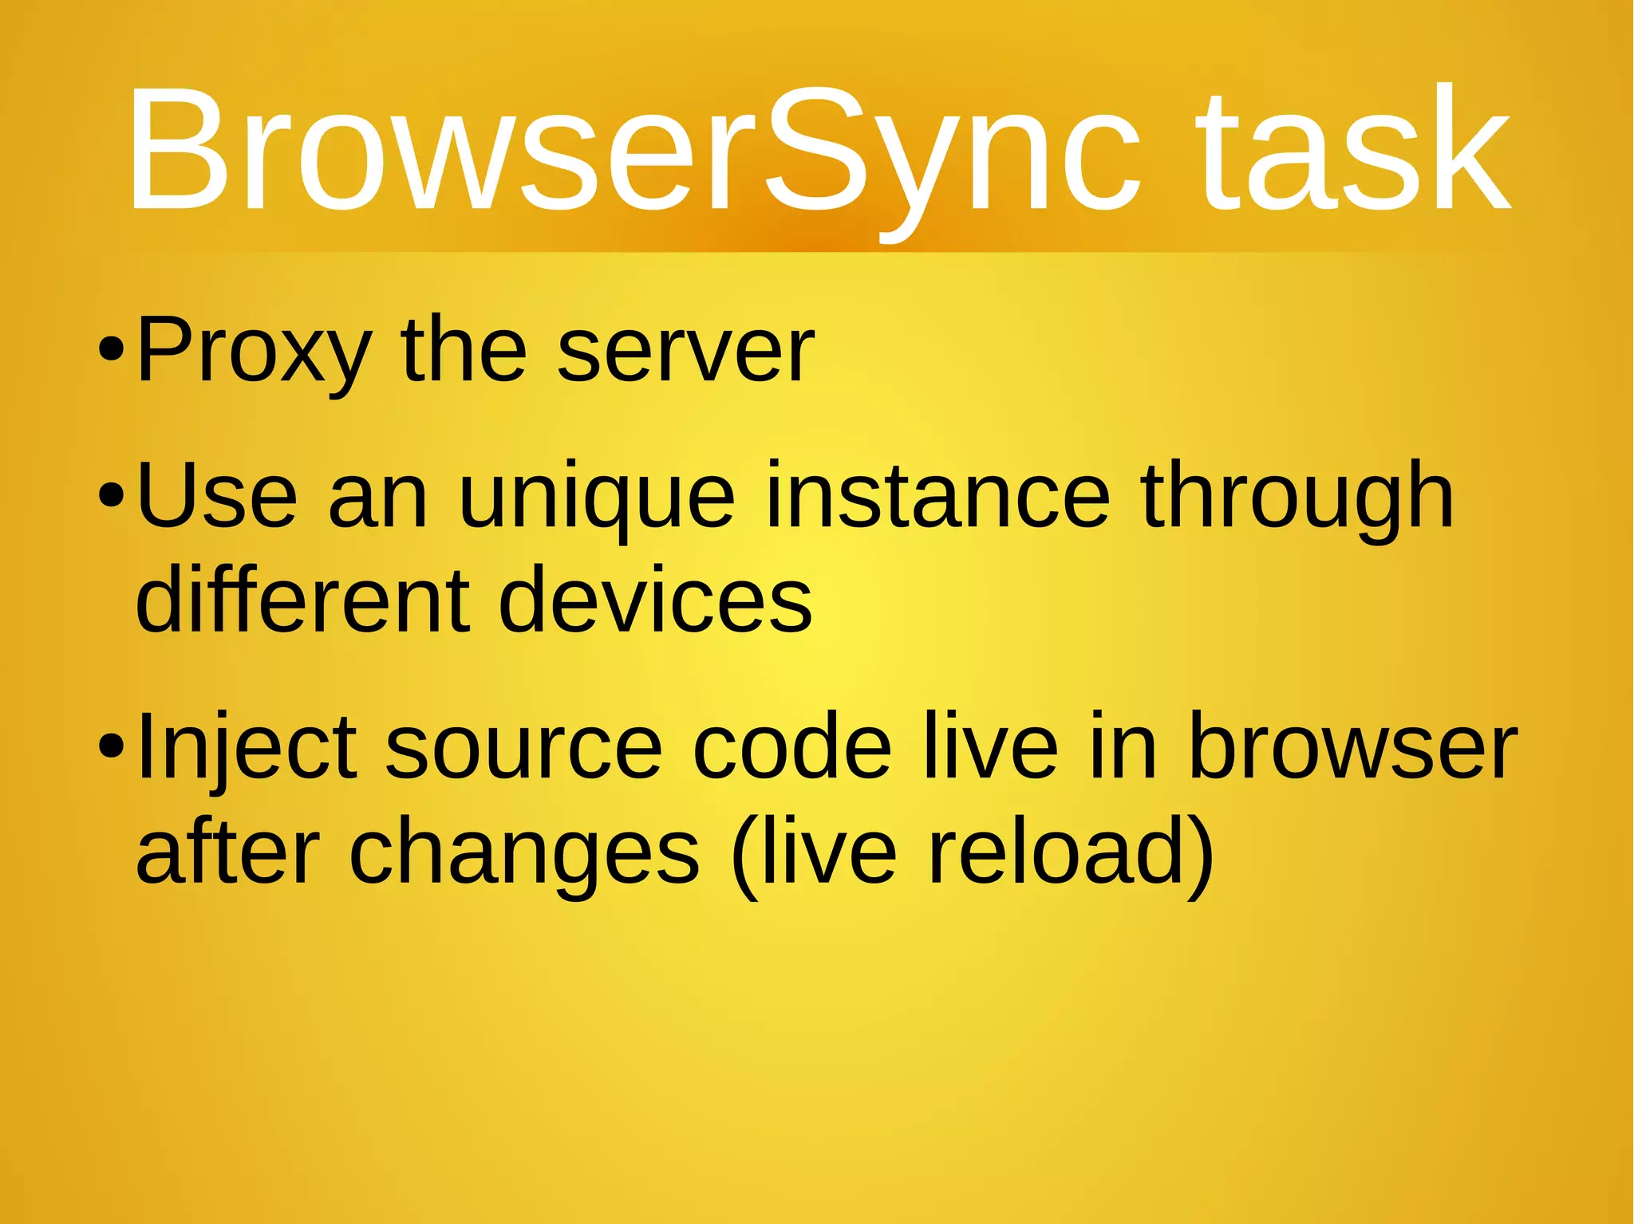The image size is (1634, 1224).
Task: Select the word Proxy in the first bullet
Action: click(x=254, y=351)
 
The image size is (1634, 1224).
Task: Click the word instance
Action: click(x=937, y=496)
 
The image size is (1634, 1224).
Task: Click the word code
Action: click(x=791, y=746)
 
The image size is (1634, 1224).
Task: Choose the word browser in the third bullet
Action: click(x=1352, y=746)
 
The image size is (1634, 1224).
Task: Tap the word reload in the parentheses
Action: click(x=1065, y=850)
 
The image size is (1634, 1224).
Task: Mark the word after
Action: click(x=227, y=850)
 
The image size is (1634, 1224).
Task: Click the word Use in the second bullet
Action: click(x=216, y=496)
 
